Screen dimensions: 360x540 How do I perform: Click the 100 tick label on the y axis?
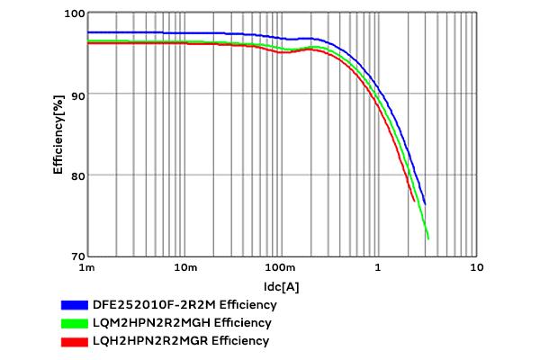(73, 13)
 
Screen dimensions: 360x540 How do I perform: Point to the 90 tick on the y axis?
(76, 94)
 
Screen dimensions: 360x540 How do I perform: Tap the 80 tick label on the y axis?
(76, 175)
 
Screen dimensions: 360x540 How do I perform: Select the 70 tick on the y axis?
(76, 256)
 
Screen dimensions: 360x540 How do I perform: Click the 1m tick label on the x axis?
(87, 268)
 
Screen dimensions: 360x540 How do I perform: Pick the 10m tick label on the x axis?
(184, 268)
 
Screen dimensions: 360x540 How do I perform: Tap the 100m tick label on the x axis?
(282, 268)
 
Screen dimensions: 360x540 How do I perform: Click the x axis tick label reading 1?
(379, 268)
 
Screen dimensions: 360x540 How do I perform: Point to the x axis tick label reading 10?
(476, 268)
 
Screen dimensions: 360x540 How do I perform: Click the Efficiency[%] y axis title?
(58, 135)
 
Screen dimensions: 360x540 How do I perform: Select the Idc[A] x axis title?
(282, 286)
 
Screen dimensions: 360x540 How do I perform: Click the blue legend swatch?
(74, 304)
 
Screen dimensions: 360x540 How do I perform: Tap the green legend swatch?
(74, 322)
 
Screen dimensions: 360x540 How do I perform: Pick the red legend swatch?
(74, 341)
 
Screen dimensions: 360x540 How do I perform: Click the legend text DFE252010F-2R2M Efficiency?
(178, 304)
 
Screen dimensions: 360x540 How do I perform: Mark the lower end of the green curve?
(428, 238)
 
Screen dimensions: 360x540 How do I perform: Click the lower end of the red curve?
(414, 201)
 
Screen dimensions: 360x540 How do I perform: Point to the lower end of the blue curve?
(425, 203)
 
